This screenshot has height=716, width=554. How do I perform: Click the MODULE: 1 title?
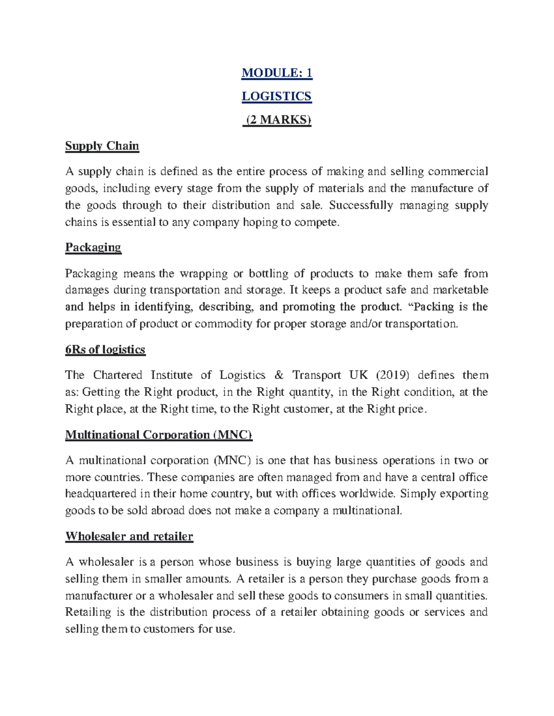point(277,73)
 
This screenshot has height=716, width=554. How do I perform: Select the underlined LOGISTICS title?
point(277,96)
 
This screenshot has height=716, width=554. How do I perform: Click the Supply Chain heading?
point(102,146)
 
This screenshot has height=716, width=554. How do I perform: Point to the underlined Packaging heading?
point(93,248)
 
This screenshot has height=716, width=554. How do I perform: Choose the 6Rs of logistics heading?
point(105,349)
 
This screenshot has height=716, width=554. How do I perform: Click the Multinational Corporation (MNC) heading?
point(159,435)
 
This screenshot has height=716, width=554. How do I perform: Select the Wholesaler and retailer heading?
point(129,536)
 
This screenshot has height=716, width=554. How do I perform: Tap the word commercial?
point(458,172)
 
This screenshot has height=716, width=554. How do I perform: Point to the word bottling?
point(269,273)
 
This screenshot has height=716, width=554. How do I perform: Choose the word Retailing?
point(88,612)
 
